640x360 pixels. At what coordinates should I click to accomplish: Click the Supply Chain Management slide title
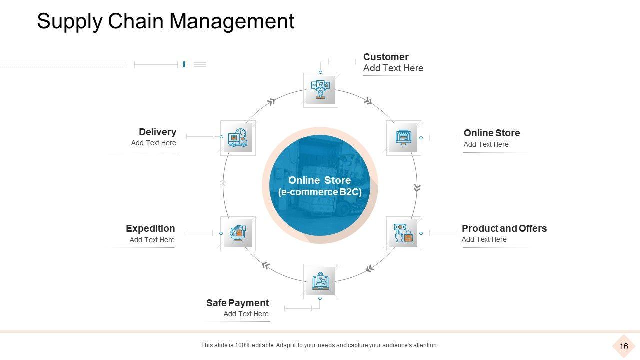[165, 22]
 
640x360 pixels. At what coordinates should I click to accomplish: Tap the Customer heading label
[385, 57]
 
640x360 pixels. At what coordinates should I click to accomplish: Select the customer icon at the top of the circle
[320, 90]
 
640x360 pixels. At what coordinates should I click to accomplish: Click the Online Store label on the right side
[491, 133]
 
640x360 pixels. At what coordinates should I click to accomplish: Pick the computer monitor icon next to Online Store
[403, 137]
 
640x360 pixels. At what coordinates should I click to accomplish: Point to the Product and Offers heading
[504, 228]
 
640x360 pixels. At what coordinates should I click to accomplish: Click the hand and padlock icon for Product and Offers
[403, 233]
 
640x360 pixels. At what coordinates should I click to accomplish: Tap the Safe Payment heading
[237, 303]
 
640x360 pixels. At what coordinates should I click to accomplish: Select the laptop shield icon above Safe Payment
[320, 281]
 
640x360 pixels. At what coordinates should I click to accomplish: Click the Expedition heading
[150, 228]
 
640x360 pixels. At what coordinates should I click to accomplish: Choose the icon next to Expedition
[237, 233]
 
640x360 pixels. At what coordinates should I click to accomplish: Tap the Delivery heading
[157, 132]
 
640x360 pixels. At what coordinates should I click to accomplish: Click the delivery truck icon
[237, 138]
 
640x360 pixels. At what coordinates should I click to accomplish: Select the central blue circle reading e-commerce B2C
[320, 186]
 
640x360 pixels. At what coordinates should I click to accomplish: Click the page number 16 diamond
[623, 346]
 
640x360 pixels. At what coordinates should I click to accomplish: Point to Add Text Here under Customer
[393, 68]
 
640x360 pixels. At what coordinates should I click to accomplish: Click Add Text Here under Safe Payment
[246, 314]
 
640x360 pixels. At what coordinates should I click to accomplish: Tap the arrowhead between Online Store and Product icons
[417, 188]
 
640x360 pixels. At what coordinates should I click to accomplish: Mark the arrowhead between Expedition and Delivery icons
[223, 183]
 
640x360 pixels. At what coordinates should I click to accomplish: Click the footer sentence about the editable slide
[319, 345]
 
